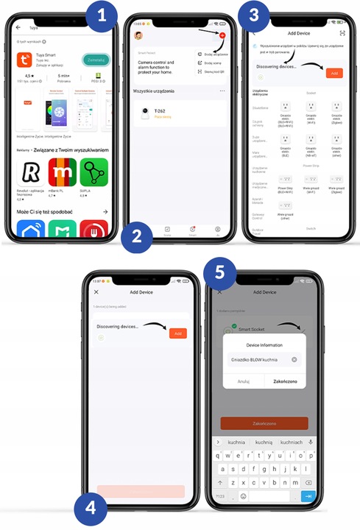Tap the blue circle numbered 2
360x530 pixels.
coord(138,236)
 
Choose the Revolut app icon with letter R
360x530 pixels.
coord(30,173)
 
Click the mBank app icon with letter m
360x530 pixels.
coord(62,173)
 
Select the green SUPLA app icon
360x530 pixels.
coord(93,173)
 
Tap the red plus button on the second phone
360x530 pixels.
coord(222,35)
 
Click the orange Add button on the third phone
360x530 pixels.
coord(333,74)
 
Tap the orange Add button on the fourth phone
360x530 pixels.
coord(177,333)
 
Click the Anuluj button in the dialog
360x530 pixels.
coord(243,381)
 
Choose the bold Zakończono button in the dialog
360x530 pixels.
coord(285,381)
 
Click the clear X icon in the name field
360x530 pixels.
coord(294,359)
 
